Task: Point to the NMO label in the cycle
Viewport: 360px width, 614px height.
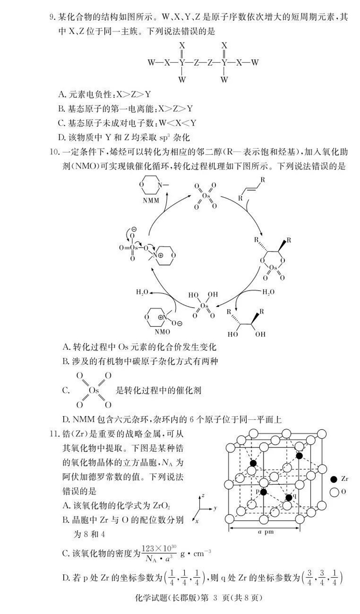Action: pos(162,332)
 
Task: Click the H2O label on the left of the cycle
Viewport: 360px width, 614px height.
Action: pos(142,292)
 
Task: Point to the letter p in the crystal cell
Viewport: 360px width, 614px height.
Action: pos(257,491)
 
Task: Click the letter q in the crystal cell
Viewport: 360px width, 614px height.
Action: pos(294,495)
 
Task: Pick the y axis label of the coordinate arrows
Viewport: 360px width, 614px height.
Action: pos(216,508)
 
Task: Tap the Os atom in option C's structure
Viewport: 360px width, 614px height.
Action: pos(94,390)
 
